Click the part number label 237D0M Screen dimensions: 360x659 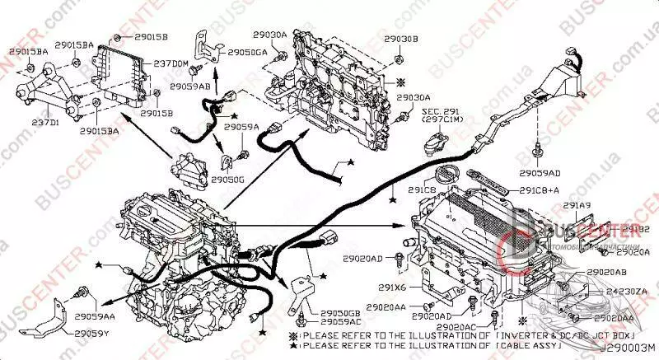[x=171, y=63]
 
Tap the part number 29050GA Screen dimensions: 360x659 [x=247, y=53]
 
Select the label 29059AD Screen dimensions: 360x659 [x=540, y=173]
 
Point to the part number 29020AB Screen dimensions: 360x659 [x=607, y=271]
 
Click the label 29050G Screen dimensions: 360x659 [x=227, y=178]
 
